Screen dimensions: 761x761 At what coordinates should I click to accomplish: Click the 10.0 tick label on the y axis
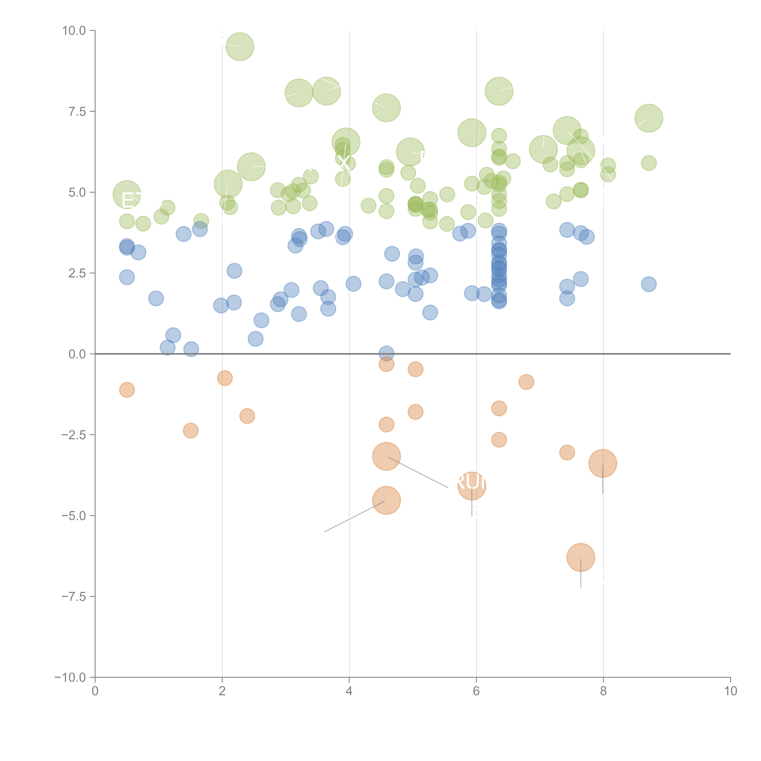pyautogui.click(x=74, y=31)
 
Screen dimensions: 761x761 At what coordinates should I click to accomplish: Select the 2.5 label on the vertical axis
pyautogui.click(x=77, y=273)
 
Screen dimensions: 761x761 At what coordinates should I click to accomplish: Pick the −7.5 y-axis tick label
pyautogui.click(x=74, y=597)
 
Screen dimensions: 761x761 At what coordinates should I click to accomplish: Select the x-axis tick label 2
pyautogui.click(x=222, y=691)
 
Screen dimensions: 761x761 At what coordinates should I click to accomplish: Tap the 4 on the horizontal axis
pyautogui.click(x=349, y=691)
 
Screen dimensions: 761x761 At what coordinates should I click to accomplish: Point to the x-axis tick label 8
pyautogui.click(x=603, y=691)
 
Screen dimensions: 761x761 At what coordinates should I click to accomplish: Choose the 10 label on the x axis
pyautogui.click(x=730, y=691)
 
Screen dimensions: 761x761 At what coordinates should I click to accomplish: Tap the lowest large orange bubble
pyautogui.click(x=581, y=557)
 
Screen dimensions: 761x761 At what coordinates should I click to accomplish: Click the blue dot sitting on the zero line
pyautogui.click(x=386, y=353)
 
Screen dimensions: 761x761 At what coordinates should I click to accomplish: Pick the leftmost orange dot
pyautogui.click(x=127, y=390)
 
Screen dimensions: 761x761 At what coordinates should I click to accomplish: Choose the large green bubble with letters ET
pyautogui.click(x=127, y=195)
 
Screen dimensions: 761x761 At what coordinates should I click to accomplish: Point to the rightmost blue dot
pyautogui.click(x=649, y=284)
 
